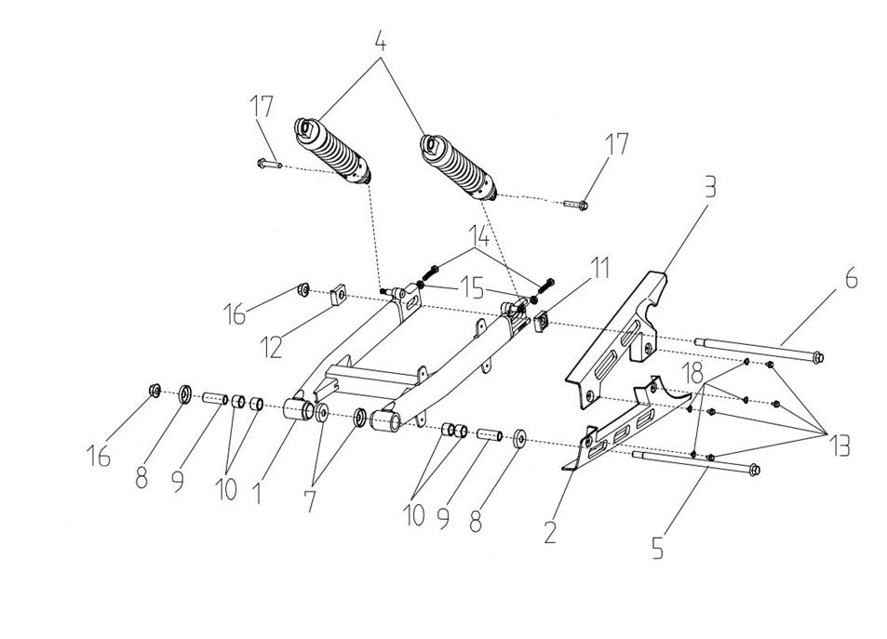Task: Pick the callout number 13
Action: (x=840, y=446)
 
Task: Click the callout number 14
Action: (x=480, y=234)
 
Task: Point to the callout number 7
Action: (x=309, y=499)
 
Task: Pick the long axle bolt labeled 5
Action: (x=693, y=461)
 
